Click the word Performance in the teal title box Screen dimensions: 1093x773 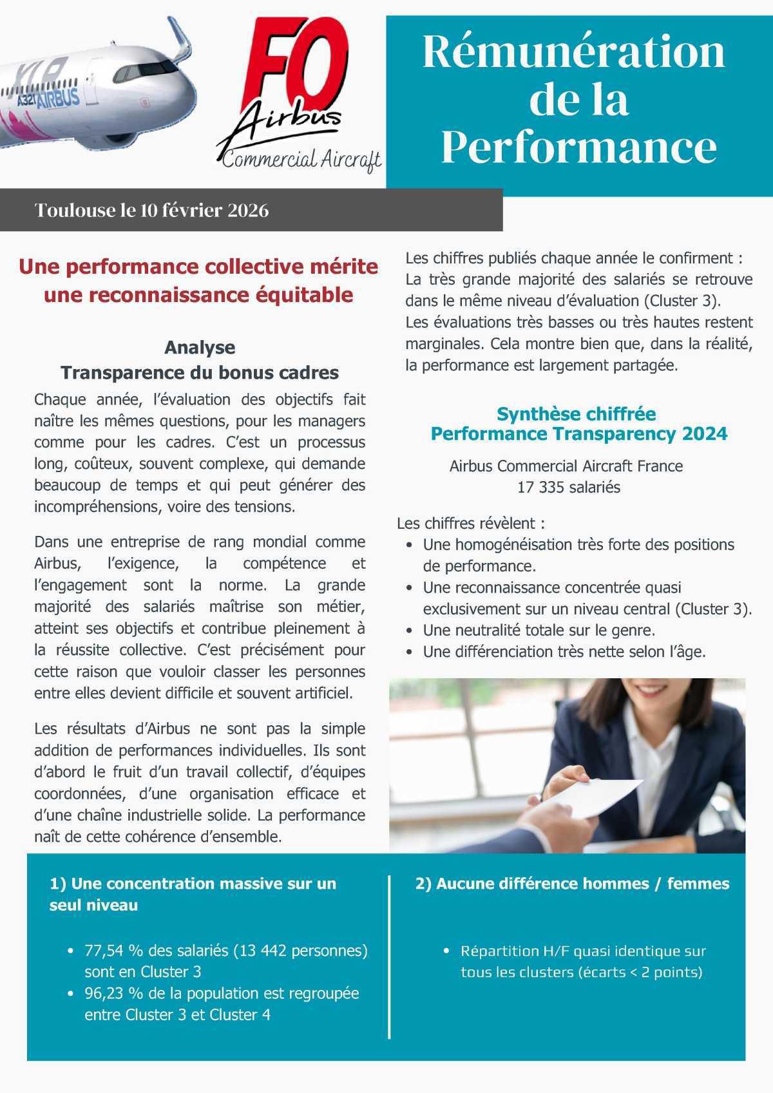click(578, 147)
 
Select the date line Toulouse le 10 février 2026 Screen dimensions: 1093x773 click(152, 211)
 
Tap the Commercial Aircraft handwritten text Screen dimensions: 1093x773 click(301, 159)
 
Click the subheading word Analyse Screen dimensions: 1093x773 click(200, 347)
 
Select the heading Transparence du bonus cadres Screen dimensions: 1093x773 click(200, 372)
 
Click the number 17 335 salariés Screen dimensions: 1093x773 click(569, 488)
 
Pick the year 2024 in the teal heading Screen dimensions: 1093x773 click(704, 433)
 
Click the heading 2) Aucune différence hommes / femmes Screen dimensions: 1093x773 click(572, 884)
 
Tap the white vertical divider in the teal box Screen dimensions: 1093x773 click(390, 956)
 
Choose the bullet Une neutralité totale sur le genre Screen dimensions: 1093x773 click(539, 630)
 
